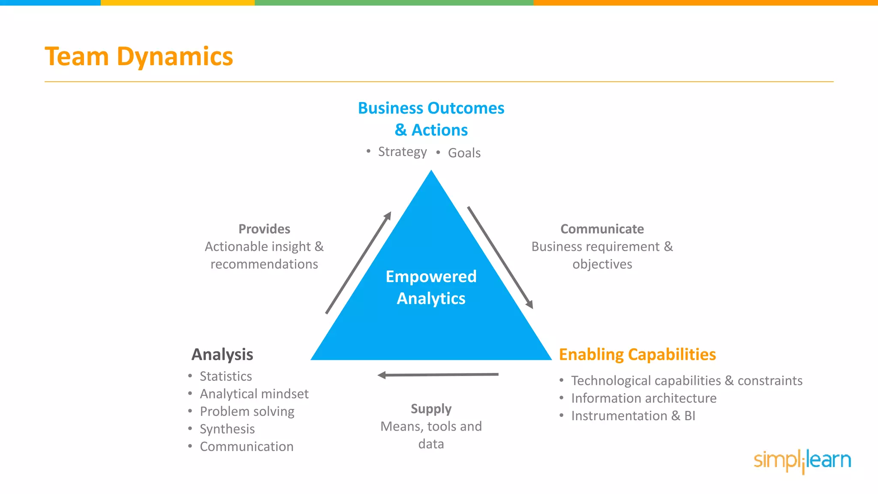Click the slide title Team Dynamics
tap(139, 57)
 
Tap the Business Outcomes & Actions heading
tap(431, 119)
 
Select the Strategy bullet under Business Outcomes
tap(402, 152)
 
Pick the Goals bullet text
tap(464, 153)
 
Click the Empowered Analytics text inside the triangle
tap(431, 287)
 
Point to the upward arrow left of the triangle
tap(358, 262)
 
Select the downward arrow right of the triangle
tap(500, 257)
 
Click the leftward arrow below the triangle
tap(438, 375)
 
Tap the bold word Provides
tap(264, 229)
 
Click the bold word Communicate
tap(602, 229)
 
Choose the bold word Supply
tap(431, 409)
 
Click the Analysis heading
tap(222, 355)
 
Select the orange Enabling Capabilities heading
tap(637, 355)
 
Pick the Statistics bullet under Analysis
tap(226, 377)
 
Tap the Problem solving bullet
tap(247, 412)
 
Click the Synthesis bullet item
tap(227, 429)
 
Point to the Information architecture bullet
tap(643, 398)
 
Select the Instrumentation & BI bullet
tap(633, 416)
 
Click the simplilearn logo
tap(802, 461)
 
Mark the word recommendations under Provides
tap(264, 264)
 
